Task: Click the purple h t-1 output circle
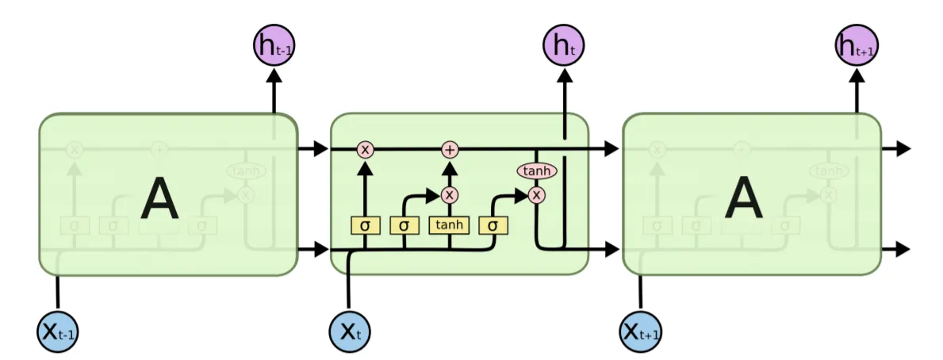[274, 45]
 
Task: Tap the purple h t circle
[564, 45]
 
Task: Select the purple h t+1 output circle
[857, 45]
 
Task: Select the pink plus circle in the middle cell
[450, 149]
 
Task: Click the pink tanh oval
[537, 170]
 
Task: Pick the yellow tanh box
[449, 225]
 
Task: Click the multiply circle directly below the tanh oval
[537, 194]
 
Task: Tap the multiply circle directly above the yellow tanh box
[450, 194]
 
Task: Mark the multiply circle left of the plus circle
[365, 149]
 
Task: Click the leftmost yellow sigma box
[365, 225]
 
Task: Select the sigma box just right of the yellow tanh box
[493, 225]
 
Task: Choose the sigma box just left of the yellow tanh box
[404, 225]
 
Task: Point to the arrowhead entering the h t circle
[564, 74]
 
